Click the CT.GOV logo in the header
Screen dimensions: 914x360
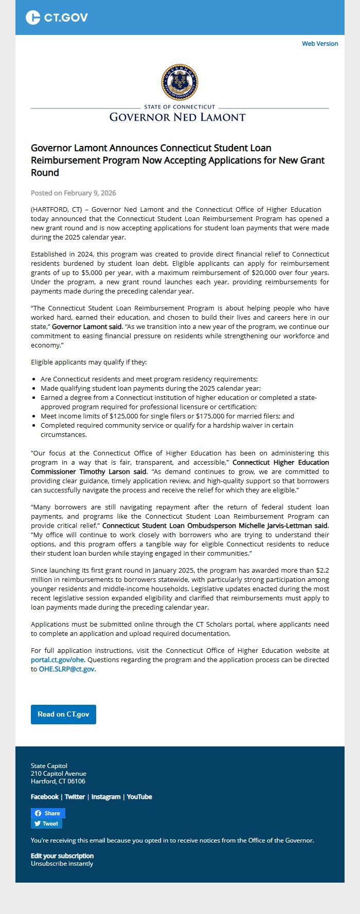tap(57, 17)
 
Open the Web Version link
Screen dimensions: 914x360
tap(320, 44)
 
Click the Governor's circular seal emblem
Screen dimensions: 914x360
tap(179, 82)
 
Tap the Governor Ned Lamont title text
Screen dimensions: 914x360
tap(177, 117)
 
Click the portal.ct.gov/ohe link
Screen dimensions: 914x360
tap(57, 660)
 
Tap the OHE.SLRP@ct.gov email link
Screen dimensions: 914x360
tap(67, 669)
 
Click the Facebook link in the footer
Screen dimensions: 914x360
tap(45, 797)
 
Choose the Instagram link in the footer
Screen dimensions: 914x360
tap(105, 797)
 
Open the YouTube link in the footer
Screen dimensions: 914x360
tap(139, 797)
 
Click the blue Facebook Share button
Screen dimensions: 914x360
tap(48, 813)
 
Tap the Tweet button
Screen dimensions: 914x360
tap(46, 824)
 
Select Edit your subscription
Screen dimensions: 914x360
tap(62, 856)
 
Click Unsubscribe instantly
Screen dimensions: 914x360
tap(62, 864)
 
